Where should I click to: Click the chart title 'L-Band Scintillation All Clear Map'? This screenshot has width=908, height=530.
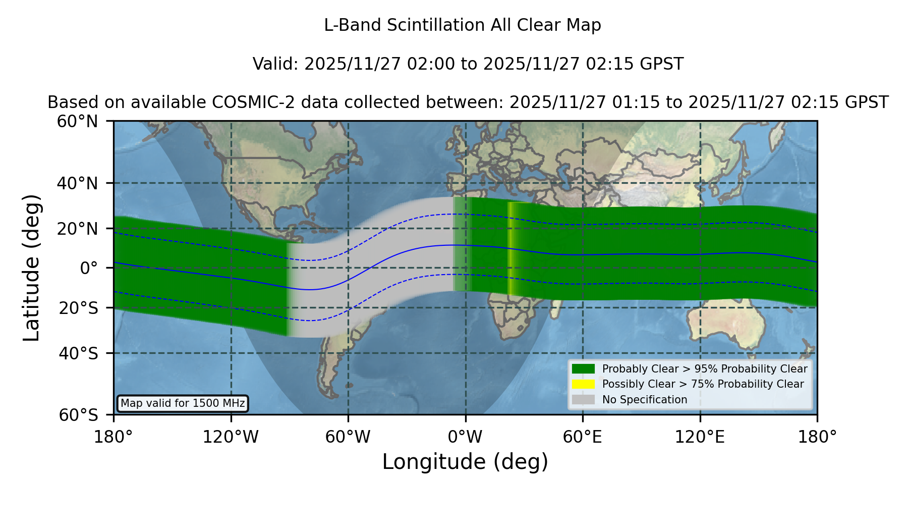pyautogui.click(x=462, y=25)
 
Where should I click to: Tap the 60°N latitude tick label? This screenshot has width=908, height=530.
pyautogui.click(x=77, y=122)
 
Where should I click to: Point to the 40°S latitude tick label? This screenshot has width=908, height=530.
pyautogui.click(x=78, y=353)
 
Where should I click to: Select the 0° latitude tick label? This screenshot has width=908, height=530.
pyautogui.click(x=89, y=268)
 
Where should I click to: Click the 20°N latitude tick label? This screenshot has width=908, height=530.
pyautogui.click(x=77, y=229)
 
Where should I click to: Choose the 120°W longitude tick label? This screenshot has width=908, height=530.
pyautogui.click(x=231, y=437)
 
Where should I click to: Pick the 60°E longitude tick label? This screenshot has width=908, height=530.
pyautogui.click(x=583, y=437)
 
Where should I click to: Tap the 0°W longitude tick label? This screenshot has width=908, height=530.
pyautogui.click(x=465, y=437)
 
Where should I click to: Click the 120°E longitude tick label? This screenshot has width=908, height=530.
pyautogui.click(x=700, y=437)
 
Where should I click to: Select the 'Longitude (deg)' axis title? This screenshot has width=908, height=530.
pyautogui.click(x=465, y=462)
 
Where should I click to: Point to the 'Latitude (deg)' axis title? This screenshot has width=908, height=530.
pyautogui.click(x=31, y=268)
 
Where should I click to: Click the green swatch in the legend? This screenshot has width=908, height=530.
pyautogui.click(x=584, y=368)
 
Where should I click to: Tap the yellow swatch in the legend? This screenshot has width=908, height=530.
pyautogui.click(x=584, y=384)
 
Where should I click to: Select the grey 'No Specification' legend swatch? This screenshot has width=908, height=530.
pyautogui.click(x=584, y=400)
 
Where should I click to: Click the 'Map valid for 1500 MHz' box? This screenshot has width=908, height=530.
pyautogui.click(x=183, y=403)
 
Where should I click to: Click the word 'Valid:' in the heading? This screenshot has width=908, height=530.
pyautogui.click(x=276, y=64)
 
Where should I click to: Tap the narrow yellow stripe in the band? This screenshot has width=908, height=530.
pyautogui.click(x=510, y=248)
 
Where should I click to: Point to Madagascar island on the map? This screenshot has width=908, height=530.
pyautogui.click(x=554, y=308)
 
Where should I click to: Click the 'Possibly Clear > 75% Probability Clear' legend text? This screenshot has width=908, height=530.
pyautogui.click(x=703, y=384)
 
